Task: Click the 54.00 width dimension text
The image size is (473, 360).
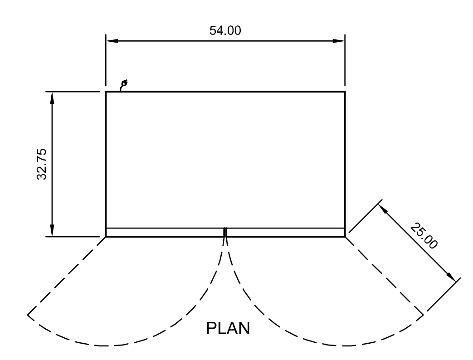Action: tap(225, 31)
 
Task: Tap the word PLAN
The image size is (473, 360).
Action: tap(228, 328)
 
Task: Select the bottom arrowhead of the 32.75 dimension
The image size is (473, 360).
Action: tap(53, 231)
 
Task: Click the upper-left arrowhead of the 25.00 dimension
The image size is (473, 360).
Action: tap(382, 210)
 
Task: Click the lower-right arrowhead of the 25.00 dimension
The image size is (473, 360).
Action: tap(451, 277)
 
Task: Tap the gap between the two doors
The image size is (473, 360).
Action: tap(225, 232)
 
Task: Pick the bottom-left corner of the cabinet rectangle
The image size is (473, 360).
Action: tap(106, 236)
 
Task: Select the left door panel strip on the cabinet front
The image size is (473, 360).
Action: tap(165, 232)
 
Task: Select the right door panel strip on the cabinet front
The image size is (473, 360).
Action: tap(286, 232)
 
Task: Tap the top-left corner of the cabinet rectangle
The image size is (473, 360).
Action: tap(106, 92)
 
